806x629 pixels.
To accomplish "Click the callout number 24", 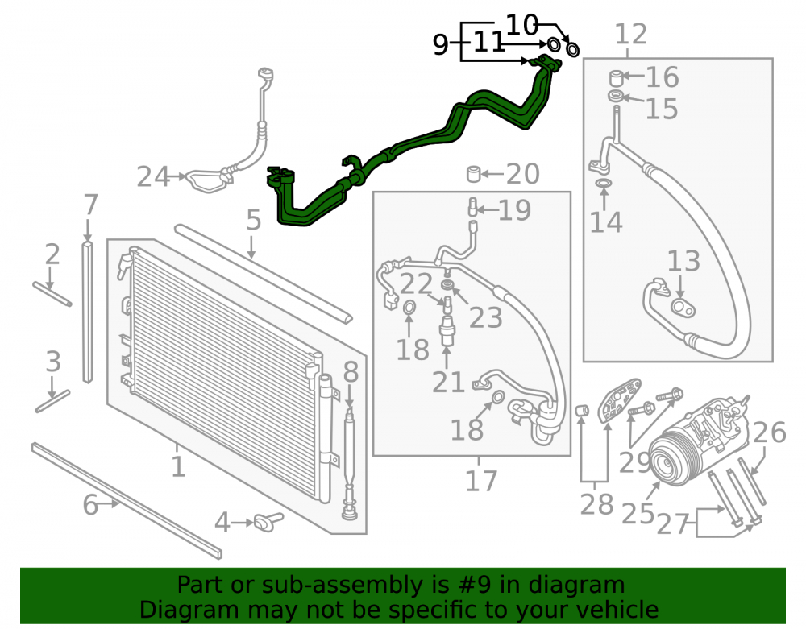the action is click(153, 176).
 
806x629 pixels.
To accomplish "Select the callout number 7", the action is click(90, 205).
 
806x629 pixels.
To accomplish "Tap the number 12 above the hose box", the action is click(631, 35).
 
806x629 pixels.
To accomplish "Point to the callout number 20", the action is click(523, 174).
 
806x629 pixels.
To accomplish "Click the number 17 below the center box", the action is click(481, 481).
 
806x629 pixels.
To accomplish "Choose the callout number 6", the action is click(90, 505).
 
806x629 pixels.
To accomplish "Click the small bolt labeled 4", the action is click(268, 522).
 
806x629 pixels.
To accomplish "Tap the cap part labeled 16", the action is click(617, 77).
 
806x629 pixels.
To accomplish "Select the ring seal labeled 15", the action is click(615, 96).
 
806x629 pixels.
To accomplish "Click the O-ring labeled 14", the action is click(604, 184).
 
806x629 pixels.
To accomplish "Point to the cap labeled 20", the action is click(473, 174).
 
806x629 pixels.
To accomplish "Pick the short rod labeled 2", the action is click(52, 294).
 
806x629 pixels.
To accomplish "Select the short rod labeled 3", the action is click(52, 401).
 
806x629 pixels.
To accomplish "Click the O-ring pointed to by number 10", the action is click(572, 49).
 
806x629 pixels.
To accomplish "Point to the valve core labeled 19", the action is click(472, 207).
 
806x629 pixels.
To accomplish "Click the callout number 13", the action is click(683, 262).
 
